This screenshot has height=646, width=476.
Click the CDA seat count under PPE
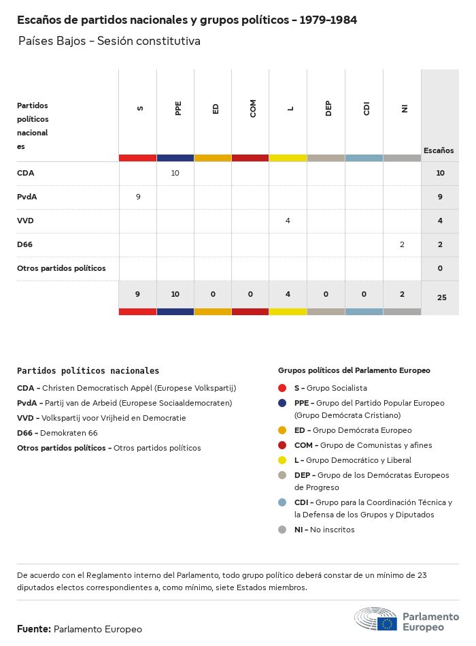[175, 173]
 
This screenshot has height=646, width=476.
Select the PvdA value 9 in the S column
[138, 197]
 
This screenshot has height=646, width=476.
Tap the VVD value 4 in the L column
[288, 221]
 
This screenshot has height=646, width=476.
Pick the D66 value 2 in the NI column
[402, 244]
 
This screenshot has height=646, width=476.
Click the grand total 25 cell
[441, 297]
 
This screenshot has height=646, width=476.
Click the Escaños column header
[439, 150]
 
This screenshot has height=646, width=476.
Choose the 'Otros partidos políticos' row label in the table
[61, 268]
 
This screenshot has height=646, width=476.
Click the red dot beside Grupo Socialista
[282, 388]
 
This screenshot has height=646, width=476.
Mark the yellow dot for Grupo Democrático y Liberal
[282, 460]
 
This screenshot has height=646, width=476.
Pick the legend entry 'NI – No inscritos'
[324, 530]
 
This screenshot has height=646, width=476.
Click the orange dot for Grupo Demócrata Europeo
[282, 430]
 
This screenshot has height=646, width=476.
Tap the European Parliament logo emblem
[375, 619]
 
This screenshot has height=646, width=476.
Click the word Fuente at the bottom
[33, 629]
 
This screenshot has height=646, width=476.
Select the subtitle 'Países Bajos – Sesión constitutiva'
[109, 41]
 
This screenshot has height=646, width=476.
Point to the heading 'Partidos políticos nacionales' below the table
[88, 371]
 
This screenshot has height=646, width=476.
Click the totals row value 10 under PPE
[175, 294]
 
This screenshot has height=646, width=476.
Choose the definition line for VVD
[101, 418]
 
